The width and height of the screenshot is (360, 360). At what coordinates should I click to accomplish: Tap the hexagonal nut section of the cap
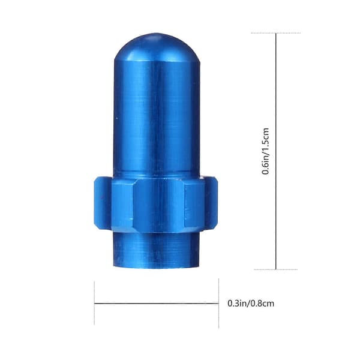pos(156,205)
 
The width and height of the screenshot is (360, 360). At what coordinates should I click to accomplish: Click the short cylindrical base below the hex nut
pos(157,250)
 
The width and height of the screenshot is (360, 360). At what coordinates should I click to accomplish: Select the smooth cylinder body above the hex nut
pos(157,119)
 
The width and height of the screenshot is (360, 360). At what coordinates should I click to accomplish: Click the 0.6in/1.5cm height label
pos(266,151)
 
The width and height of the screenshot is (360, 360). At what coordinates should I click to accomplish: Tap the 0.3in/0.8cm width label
pos(251,303)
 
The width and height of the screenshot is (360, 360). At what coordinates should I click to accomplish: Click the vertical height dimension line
pos(276,151)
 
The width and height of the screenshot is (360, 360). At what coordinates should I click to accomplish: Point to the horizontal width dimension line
pos(157,304)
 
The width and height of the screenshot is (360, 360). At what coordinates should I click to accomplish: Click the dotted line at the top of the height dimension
pos(276,33)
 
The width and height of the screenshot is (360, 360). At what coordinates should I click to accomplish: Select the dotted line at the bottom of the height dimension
pos(276,269)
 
